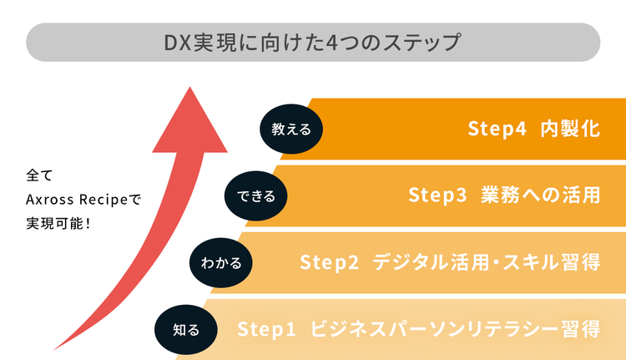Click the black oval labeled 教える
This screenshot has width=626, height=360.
(290, 129)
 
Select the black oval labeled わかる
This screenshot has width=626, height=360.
(220, 263)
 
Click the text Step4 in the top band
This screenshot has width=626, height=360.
(497, 129)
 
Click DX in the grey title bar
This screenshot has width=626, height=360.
(176, 41)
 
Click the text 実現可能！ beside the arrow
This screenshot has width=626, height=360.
(58, 223)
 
